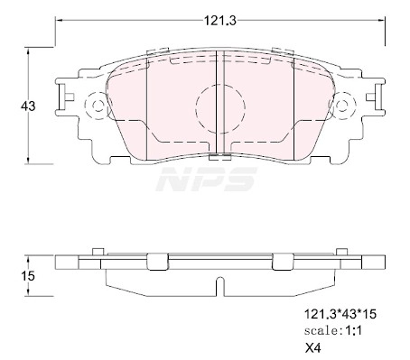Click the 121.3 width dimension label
tap(220, 21)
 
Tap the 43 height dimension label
tap(28, 106)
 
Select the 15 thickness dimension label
tap(28, 276)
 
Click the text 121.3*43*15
tap(340, 314)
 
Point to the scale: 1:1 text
tap(332, 331)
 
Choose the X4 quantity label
tap(313, 348)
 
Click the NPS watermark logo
tap(207, 180)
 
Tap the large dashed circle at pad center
tap(220, 108)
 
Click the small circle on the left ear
tap(98, 106)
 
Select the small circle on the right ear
tap(341, 106)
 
